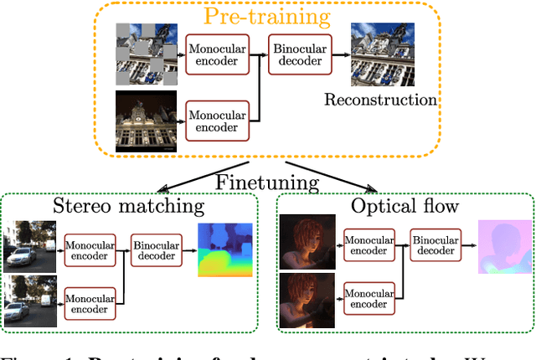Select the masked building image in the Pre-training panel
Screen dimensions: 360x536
pyautogui.click(x=147, y=54)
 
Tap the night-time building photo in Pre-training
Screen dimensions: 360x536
pyautogui.click(x=147, y=122)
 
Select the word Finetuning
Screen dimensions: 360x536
pyautogui.click(x=266, y=183)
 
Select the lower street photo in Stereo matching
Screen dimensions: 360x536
pyautogui.click(x=32, y=303)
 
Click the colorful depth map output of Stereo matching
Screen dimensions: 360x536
pyautogui.click(x=224, y=249)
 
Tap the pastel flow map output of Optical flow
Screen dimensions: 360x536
pyautogui.click(x=504, y=248)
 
